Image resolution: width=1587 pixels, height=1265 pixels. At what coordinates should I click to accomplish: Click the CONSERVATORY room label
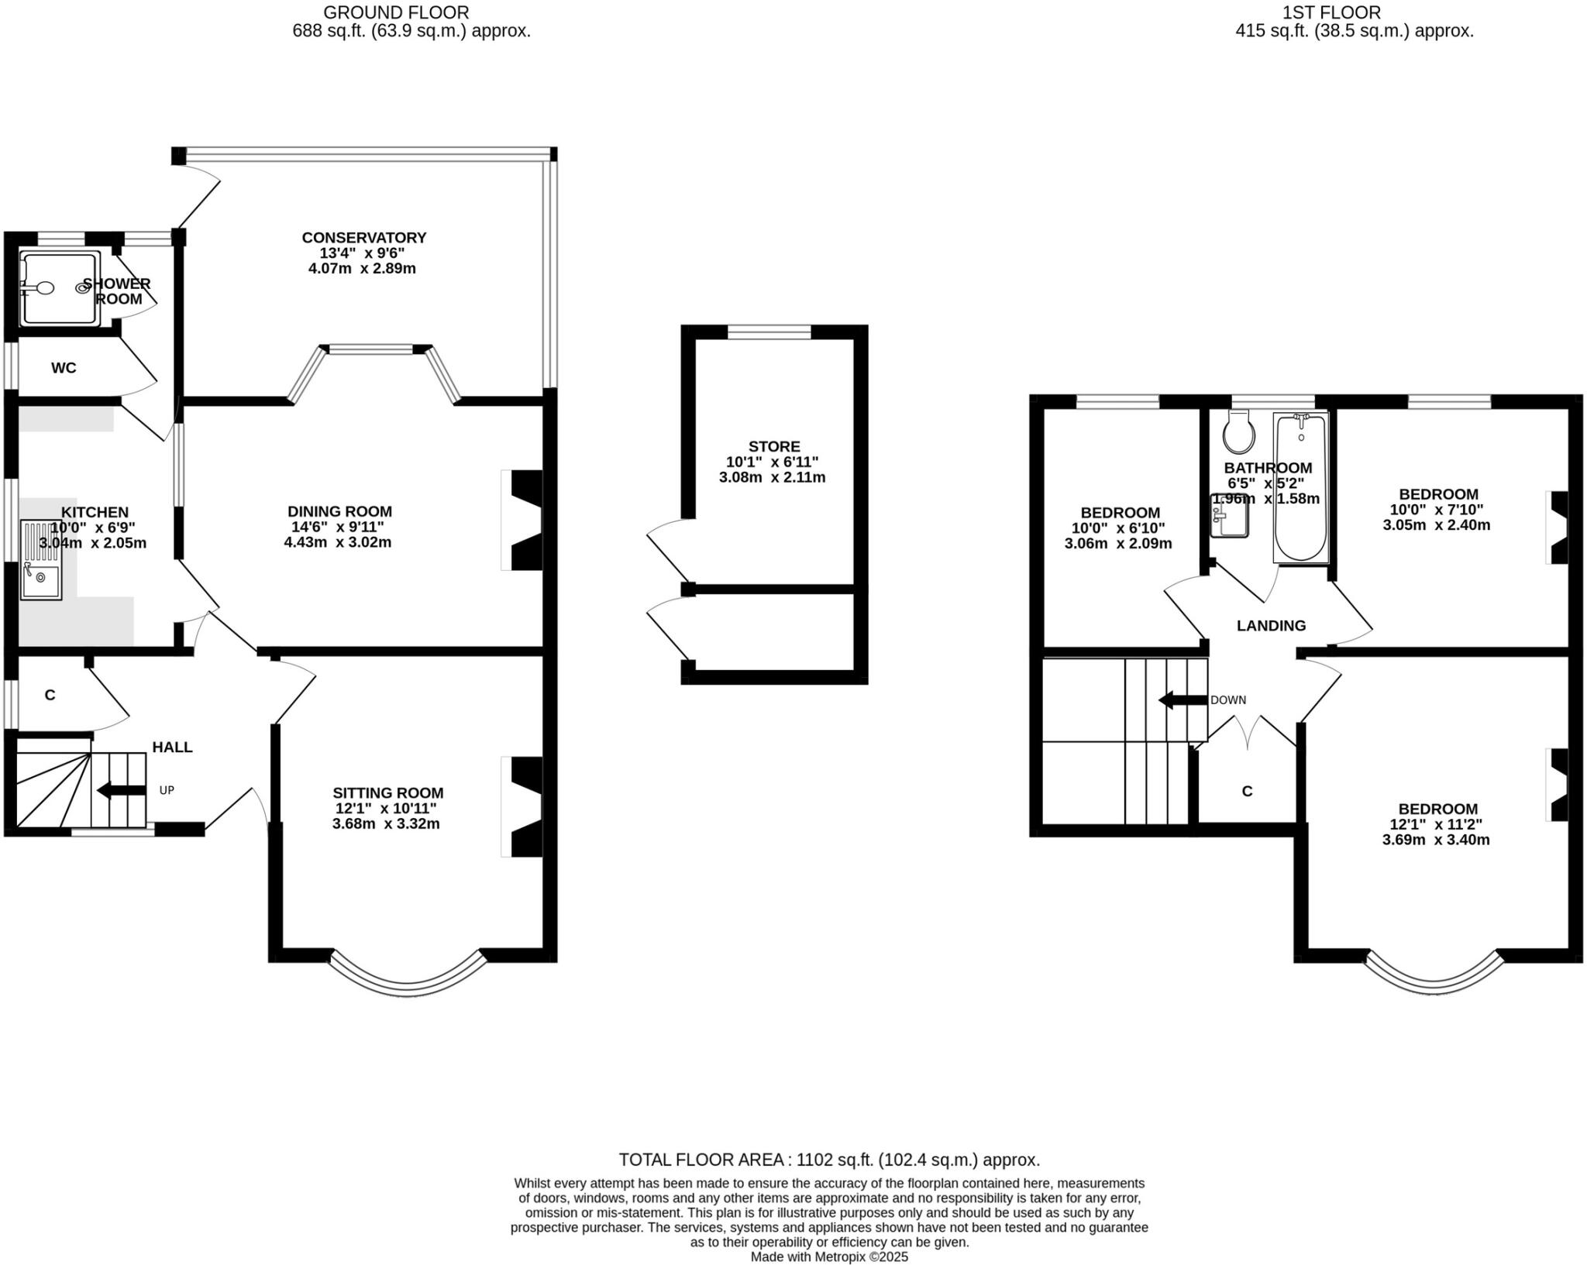[363, 238]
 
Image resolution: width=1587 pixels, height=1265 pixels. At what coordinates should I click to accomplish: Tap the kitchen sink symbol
[40, 560]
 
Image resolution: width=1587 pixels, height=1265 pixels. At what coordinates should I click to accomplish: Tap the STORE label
[773, 446]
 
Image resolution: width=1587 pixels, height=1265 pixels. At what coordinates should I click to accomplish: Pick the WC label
[64, 368]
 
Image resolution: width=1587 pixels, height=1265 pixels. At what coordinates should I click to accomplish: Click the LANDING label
[1271, 626]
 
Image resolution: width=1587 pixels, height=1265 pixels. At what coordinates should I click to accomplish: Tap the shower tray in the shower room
[60, 287]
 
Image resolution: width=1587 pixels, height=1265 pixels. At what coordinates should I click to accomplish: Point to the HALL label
[172, 748]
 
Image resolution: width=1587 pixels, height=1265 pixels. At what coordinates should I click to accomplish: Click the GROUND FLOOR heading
[396, 12]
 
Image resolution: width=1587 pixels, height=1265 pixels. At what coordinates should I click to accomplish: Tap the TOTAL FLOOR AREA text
[829, 1160]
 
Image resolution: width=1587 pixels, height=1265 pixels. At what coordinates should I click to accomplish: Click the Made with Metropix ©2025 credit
[829, 1257]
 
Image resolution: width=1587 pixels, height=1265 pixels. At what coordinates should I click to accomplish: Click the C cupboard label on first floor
[1247, 792]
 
